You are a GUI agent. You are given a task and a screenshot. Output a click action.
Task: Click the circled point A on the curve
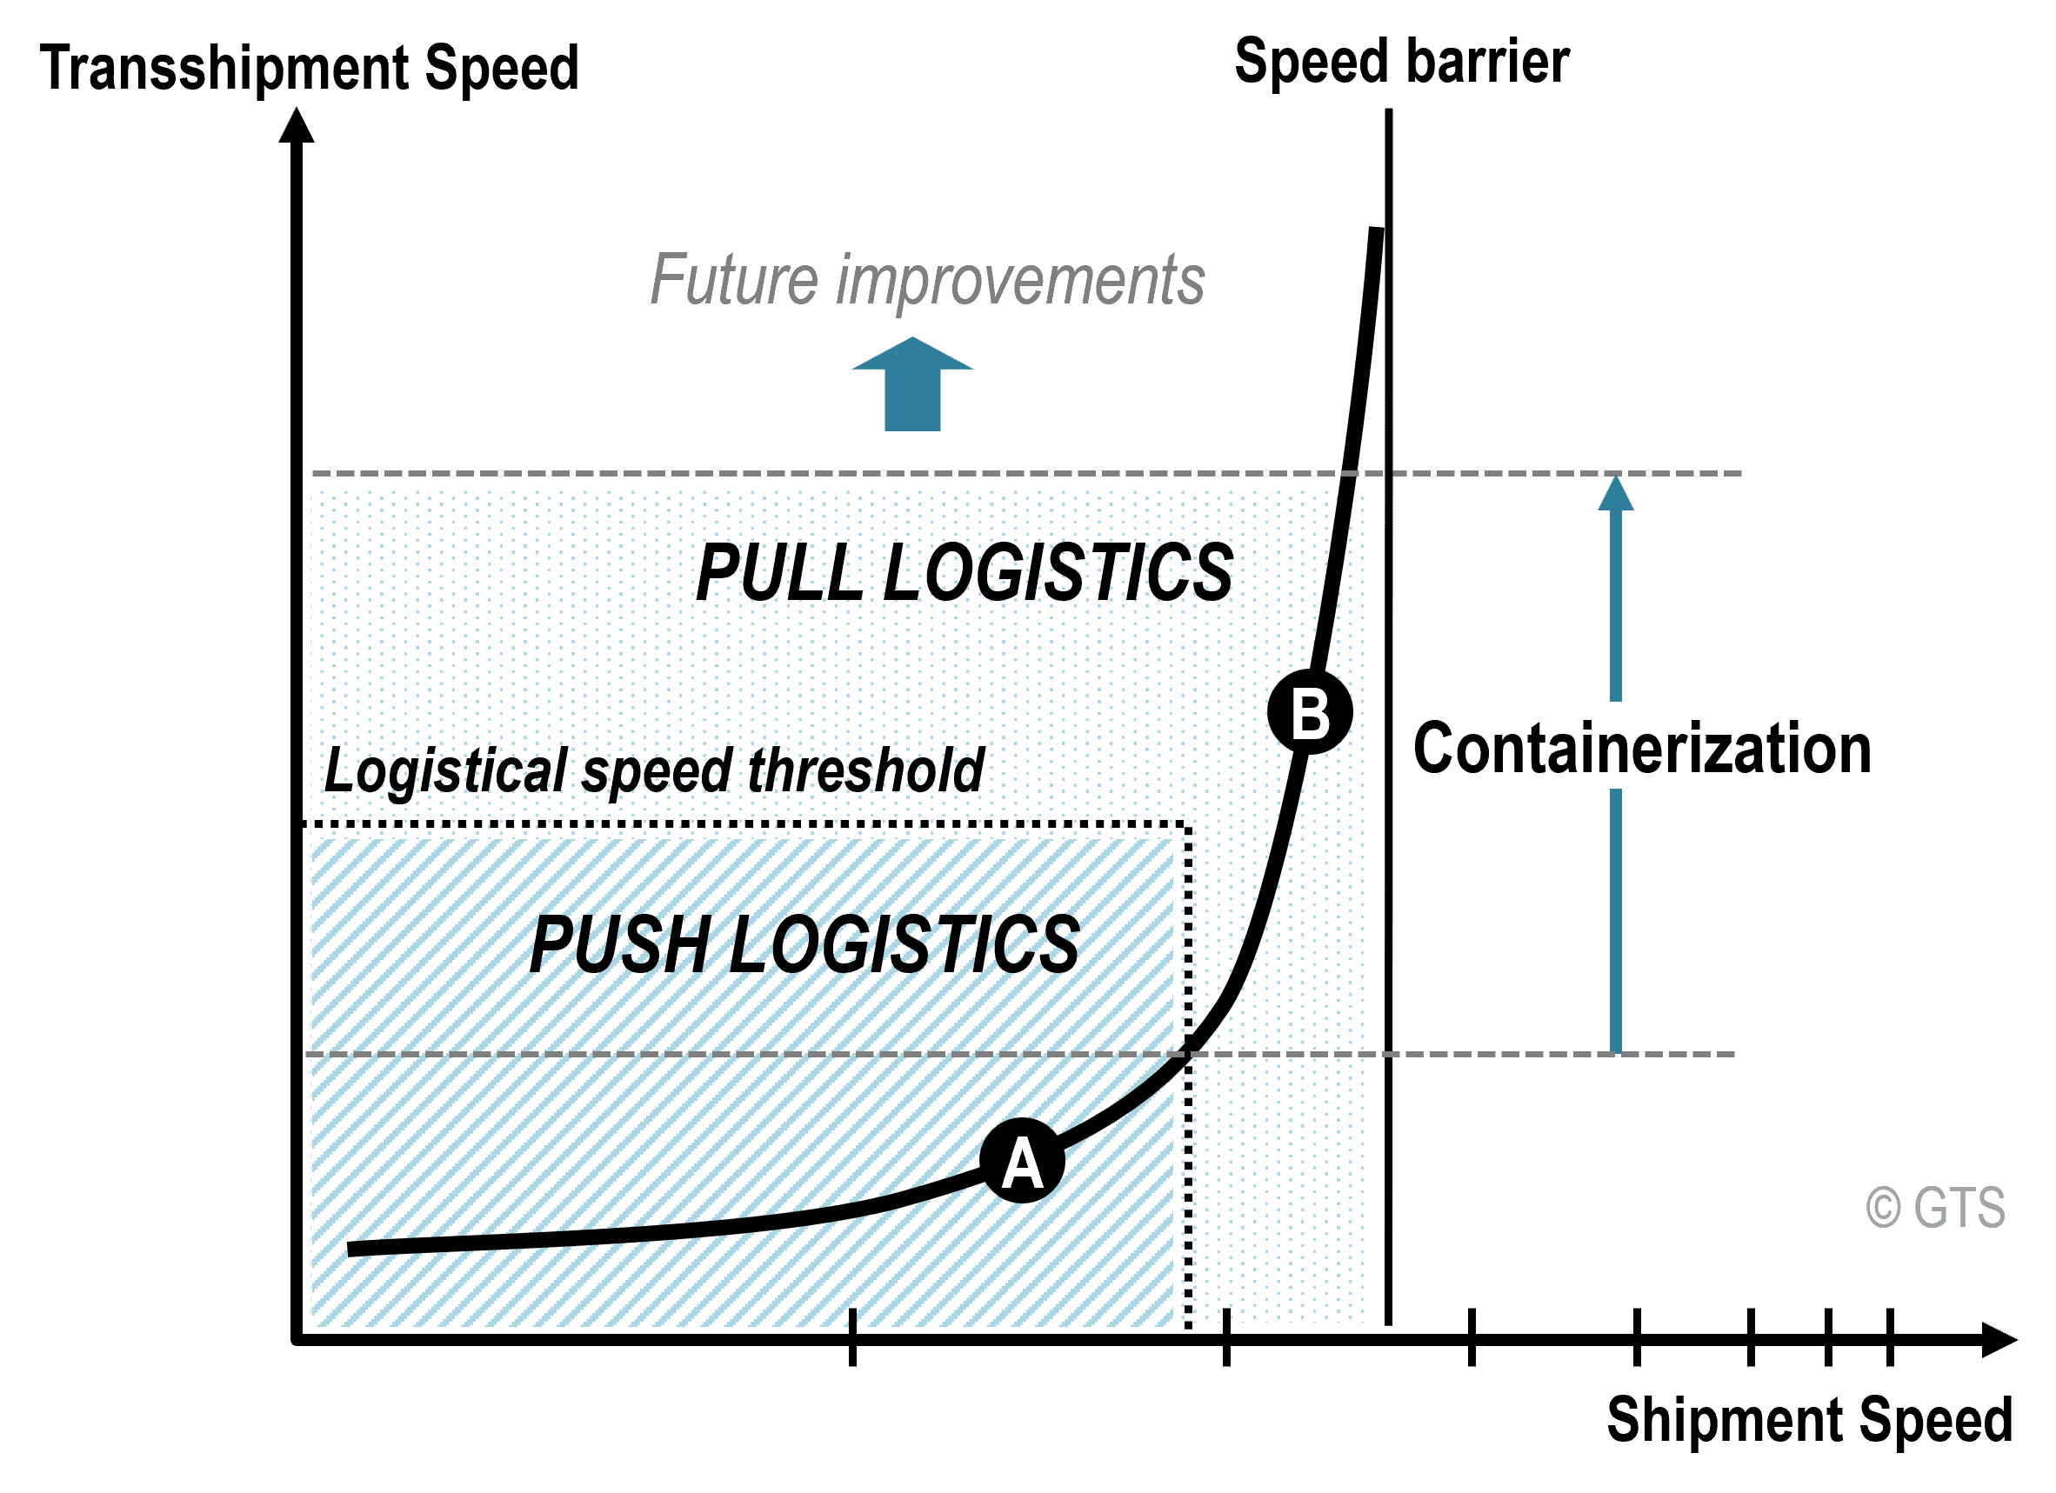click(x=1023, y=1160)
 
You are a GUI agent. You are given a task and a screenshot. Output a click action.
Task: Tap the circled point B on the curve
click(x=1311, y=711)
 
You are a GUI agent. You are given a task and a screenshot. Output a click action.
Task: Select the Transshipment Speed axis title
click(x=309, y=69)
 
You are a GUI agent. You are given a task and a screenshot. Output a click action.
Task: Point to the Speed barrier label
click(x=1402, y=62)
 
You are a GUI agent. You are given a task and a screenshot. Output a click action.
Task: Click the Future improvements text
click(x=927, y=280)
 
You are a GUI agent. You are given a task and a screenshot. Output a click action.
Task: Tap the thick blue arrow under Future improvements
click(x=913, y=384)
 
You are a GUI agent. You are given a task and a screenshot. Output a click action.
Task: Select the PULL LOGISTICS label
click(x=965, y=572)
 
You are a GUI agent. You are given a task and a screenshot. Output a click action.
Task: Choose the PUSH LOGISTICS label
click(x=805, y=944)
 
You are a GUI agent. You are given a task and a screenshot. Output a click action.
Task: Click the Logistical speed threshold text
click(x=654, y=770)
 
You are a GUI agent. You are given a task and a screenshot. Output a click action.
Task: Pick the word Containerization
click(x=1643, y=749)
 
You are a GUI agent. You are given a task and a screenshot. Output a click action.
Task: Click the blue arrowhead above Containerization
click(x=1615, y=493)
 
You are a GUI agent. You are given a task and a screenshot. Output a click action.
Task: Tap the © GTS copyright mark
click(x=1935, y=1208)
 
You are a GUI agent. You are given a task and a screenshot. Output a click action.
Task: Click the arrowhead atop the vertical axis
click(x=297, y=125)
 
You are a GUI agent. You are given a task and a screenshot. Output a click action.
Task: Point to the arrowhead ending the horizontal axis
click(x=1999, y=1340)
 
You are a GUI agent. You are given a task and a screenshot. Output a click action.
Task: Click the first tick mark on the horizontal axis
click(x=852, y=1338)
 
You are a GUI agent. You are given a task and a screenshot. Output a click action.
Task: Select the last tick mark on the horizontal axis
click(x=1890, y=1338)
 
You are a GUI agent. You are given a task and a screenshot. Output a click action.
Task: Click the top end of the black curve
click(x=1377, y=229)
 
